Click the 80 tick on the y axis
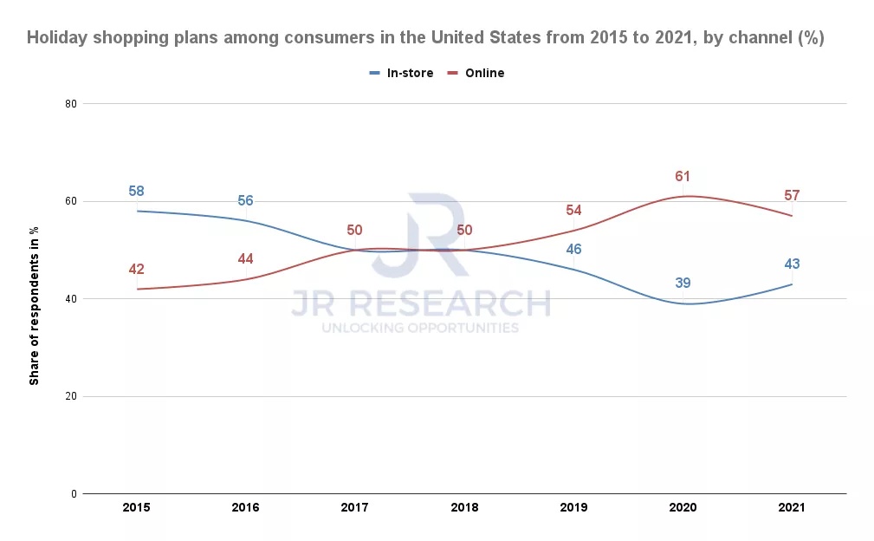(71, 104)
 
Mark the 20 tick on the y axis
(71, 396)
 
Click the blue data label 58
(136, 192)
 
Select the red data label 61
(683, 177)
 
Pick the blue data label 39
(683, 284)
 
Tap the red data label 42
(136, 270)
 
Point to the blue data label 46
(573, 250)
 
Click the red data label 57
(792, 196)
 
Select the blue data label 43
(792, 264)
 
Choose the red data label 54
(573, 211)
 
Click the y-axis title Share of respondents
(35, 299)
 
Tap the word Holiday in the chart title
(57, 38)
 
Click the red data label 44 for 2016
(245, 259)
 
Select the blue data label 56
(245, 201)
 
